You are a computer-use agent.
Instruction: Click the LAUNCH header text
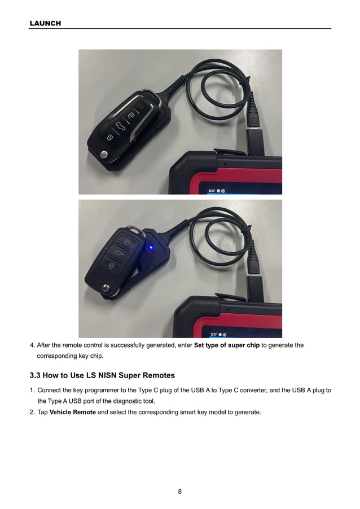pos(45,23)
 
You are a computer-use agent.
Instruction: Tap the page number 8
pos(179,491)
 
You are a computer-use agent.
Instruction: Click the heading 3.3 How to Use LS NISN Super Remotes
pos(102,375)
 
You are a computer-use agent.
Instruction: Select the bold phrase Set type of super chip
pos(226,345)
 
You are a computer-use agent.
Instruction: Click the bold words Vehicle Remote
pos(72,412)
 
